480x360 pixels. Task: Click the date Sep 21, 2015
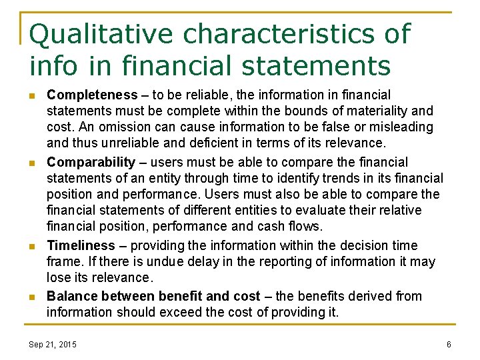[x=53, y=344]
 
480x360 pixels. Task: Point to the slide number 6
[x=449, y=344]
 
